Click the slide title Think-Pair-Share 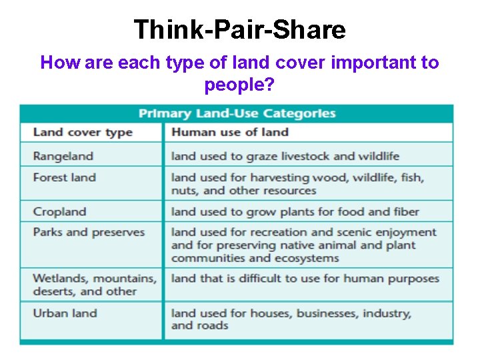point(239,29)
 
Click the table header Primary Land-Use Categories point(237,113)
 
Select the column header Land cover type point(83,131)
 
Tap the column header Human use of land point(229,131)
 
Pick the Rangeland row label point(63,156)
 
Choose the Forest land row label point(64,177)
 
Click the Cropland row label point(59,212)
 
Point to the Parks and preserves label point(89,232)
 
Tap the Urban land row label point(65,313)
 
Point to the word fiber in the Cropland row point(404,212)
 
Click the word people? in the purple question point(239,86)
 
